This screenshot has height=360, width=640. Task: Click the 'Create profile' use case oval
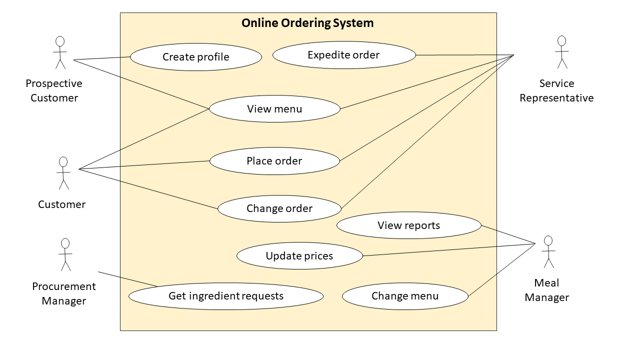[196, 57]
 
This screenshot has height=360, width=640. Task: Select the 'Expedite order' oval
[344, 55]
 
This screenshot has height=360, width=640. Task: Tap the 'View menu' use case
[274, 109]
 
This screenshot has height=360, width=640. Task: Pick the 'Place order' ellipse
[274, 161]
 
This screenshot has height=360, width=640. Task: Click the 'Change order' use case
[279, 208]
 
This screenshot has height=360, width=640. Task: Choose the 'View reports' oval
[408, 225]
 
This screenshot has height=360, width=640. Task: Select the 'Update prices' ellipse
[299, 256]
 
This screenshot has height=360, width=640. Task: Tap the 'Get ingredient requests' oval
[226, 296]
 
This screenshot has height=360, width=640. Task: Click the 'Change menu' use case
[405, 296]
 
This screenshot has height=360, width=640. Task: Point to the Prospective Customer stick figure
[60, 52]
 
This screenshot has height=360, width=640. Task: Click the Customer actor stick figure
[63, 173]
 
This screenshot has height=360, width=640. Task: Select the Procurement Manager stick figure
[65, 254]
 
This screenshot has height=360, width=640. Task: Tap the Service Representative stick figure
[561, 52]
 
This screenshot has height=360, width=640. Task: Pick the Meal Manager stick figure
[548, 251]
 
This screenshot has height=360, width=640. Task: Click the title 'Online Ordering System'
[307, 23]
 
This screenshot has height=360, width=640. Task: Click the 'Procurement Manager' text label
[64, 293]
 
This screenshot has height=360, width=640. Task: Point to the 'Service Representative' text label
[556, 90]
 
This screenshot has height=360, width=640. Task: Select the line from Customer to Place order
[145, 165]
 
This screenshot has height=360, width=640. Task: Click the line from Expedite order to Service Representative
[465, 55]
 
